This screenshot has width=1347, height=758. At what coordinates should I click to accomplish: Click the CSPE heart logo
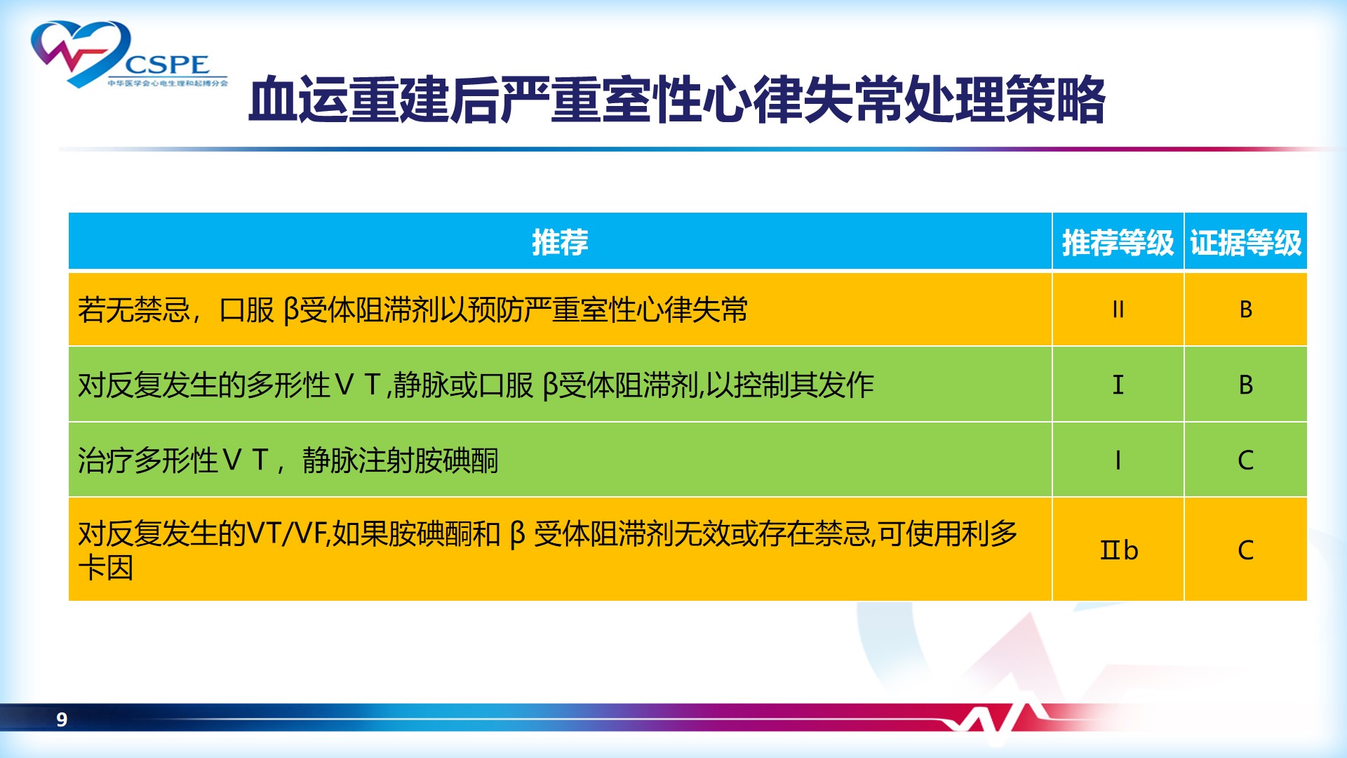tap(129, 55)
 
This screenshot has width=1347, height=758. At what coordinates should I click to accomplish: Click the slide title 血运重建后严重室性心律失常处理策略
tap(677, 100)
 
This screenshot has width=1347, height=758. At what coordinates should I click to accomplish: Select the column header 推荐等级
tap(1118, 243)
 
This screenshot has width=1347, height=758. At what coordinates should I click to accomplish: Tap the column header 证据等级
tap(1245, 243)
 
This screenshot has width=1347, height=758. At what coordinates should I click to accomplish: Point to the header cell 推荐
tap(560, 242)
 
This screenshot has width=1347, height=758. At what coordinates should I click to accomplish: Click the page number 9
tap(62, 719)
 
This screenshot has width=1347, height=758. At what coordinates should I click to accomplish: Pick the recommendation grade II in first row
tap(1118, 310)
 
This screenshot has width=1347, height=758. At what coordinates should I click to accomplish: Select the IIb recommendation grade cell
tap(1118, 550)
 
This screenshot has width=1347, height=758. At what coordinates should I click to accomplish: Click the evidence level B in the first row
tap(1245, 310)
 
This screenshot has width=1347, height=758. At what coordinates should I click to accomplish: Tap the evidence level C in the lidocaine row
tap(1245, 550)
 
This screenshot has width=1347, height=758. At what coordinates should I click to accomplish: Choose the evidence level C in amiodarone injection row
tap(1245, 460)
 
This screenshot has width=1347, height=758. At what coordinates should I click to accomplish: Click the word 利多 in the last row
tap(990, 533)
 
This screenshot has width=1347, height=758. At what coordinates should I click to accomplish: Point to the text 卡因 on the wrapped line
tap(106, 567)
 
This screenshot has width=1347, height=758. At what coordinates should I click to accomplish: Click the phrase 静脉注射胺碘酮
tap(401, 460)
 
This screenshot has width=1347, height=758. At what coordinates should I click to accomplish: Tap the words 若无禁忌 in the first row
tap(134, 310)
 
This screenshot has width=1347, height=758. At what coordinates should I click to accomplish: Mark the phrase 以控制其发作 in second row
tap(790, 385)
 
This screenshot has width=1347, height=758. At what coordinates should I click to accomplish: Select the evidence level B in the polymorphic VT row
tap(1245, 385)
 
